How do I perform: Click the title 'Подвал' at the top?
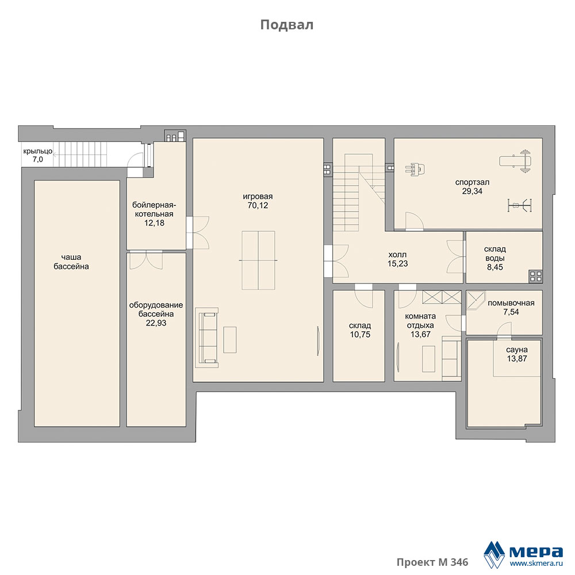click(x=287, y=25)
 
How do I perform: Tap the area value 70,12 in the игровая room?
click(x=258, y=205)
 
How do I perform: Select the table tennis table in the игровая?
click(x=258, y=260)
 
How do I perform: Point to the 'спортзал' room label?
click(x=472, y=182)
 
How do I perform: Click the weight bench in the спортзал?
click(x=516, y=160)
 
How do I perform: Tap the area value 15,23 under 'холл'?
click(x=397, y=264)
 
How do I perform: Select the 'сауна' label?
click(x=517, y=350)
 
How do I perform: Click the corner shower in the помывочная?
click(x=476, y=301)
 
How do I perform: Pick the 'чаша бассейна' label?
click(x=71, y=262)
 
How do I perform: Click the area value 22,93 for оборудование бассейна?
click(x=156, y=323)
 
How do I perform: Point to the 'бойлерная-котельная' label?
click(x=154, y=209)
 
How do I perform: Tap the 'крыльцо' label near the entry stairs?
click(x=37, y=151)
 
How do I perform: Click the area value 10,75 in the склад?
click(x=360, y=335)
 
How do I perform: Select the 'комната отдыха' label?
click(x=420, y=320)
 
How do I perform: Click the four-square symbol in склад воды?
click(x=535, y=276)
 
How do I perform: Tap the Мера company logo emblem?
click(x=494, y=554)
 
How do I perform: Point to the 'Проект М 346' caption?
click(x=432, y=562)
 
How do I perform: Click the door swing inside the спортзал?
click(x=415, y=221)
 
